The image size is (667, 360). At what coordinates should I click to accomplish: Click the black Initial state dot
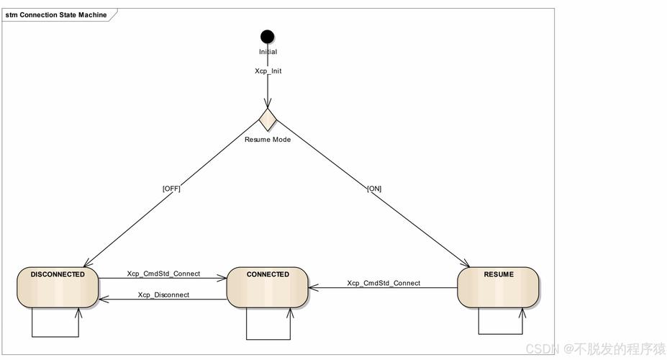(267, 37)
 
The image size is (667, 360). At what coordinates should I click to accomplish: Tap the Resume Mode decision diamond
(268, 120)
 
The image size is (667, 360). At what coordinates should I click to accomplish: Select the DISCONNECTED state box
(58, 287)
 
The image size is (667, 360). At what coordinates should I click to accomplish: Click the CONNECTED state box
(268, 287)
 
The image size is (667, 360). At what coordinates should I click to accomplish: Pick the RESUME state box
(498, 287)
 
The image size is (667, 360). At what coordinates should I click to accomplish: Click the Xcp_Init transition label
(268, 71)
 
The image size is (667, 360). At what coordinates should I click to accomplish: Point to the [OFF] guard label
(171, 189)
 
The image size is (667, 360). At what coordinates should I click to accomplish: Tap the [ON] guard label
(374, 189)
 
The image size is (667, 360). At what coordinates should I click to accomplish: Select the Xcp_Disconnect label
(163, 295)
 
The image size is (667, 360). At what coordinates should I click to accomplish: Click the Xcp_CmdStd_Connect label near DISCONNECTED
(163, 274)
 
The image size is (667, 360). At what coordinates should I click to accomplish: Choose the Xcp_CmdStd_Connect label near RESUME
(384, 283)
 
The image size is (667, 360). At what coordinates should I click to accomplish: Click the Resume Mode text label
(268, 140)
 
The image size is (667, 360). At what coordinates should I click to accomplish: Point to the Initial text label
(268, 52)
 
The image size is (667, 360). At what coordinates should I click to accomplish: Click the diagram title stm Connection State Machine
(56, 15)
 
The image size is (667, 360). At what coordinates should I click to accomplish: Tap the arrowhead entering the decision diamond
(268, 103)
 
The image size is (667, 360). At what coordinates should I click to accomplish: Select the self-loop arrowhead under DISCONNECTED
(78, 313)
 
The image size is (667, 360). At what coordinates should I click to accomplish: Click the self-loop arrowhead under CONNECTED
(290, 313)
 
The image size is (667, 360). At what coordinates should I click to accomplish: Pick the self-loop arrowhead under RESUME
(522, 313)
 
